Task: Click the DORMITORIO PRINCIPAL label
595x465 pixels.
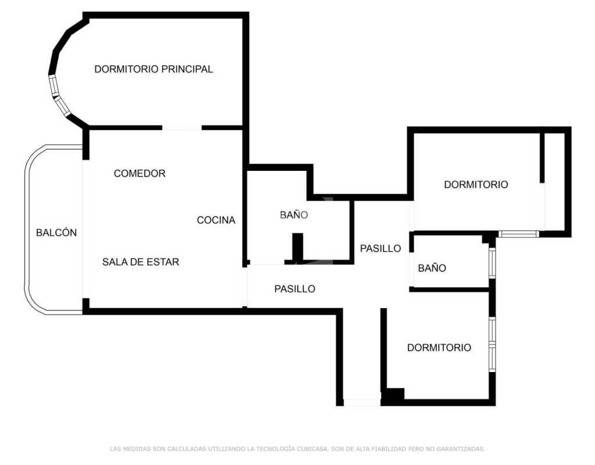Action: pyautogui.click(x=153, y=69)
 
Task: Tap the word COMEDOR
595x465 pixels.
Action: pyautogui.click(x=139, y=173)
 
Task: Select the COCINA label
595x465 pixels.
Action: pyautogui.click(x=216, y=220)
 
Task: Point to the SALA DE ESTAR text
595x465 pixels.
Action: pyautogui.click(x=141, y=262)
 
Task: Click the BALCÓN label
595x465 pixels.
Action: pyautogui.click(x=56, y=233)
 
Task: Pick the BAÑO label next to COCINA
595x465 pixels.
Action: pyautogui.click(x=293, y=215)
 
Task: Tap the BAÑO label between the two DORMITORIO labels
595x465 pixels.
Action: pyautogui.click(x=432, y=268)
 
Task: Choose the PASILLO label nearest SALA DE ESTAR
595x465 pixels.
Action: pyautogui.click(x=295, y=289)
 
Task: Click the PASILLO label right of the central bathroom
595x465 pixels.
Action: pyautogui.click(x=381, y=248)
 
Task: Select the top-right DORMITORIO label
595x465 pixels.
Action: pyautogui.click(x=476, y=184)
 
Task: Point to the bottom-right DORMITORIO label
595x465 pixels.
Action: pyautogui.click(x=439, y=348)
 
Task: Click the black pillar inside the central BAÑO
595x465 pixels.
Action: pyautogui.click(x=298, y=247)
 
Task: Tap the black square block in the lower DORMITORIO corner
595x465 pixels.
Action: pyautogui.click(x=395, y=395)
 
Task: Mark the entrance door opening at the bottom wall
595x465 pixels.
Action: pyautogui.click(x=362, y=402)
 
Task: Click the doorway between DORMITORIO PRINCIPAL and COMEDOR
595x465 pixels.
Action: pyautogui.click(x=182, y=128)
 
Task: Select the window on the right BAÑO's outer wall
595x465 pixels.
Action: pyautogui.click(x=492, y=263)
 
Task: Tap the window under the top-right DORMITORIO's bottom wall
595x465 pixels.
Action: pyautogui.click(x=519, y=234)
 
